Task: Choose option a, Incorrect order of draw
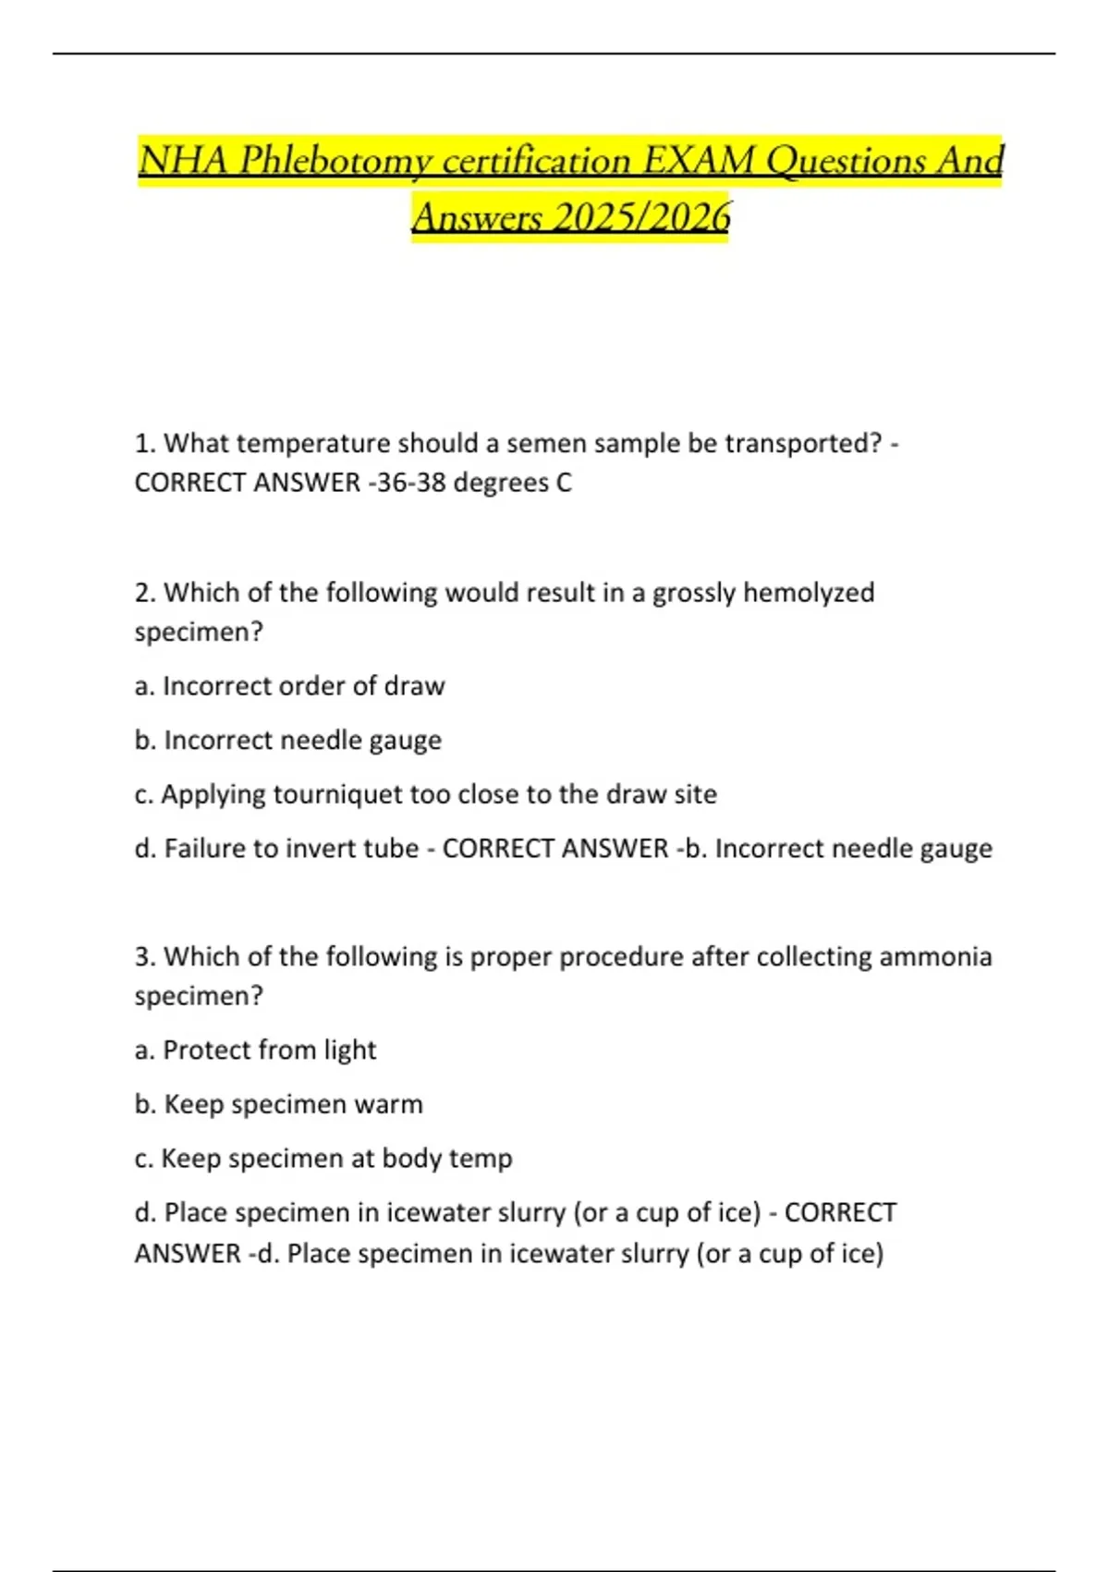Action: [290, 686]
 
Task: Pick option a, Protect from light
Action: [256, 1050]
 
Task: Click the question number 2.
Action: [144, 593]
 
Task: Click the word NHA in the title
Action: [182, 161]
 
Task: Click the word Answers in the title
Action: [477, 217]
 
